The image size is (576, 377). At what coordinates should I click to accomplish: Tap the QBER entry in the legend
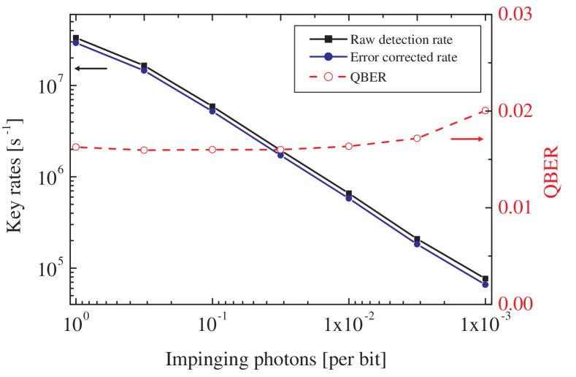368,77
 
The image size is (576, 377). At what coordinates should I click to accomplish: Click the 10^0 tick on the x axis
77,324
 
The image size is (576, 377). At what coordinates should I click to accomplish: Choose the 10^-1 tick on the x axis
213,324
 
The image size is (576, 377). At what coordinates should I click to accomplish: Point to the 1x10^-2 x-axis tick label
350,324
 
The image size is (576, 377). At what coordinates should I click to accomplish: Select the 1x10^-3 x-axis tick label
487,324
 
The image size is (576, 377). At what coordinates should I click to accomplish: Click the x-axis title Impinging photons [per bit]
275,359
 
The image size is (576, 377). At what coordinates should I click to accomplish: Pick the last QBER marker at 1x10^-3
485,111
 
